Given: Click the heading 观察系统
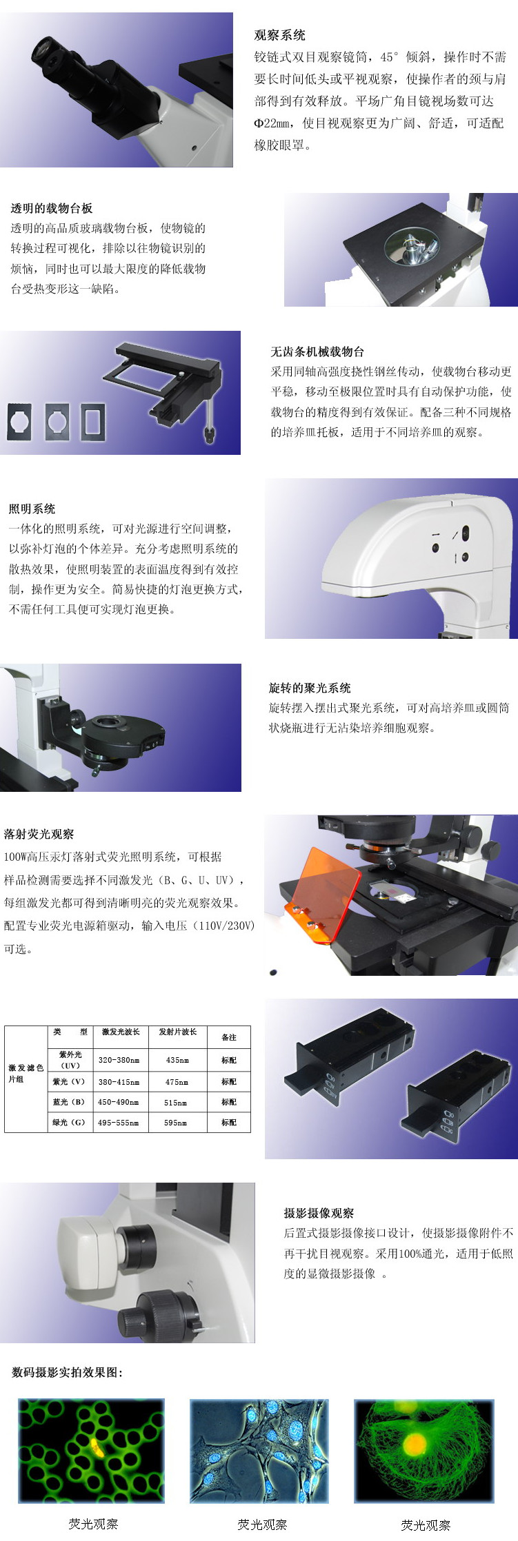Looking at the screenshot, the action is pos(279,35).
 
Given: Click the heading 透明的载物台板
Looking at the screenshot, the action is pos(51,208).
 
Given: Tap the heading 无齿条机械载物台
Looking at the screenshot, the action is pos(317,351).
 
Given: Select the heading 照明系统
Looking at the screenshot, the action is pos(32,509).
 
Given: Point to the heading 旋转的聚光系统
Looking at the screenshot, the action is pos(310,688).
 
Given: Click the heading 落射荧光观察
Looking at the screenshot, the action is pos(39,834).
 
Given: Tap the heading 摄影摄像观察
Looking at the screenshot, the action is pos(319,1213).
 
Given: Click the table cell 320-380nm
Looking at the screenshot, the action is pos(119,1060).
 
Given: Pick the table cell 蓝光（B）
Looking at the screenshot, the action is pos(69,1102).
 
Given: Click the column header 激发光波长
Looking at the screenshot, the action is pos(121,1032).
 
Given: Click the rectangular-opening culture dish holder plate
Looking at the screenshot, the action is pos(93,421).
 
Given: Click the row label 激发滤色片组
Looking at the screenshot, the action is pos(26,1073).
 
